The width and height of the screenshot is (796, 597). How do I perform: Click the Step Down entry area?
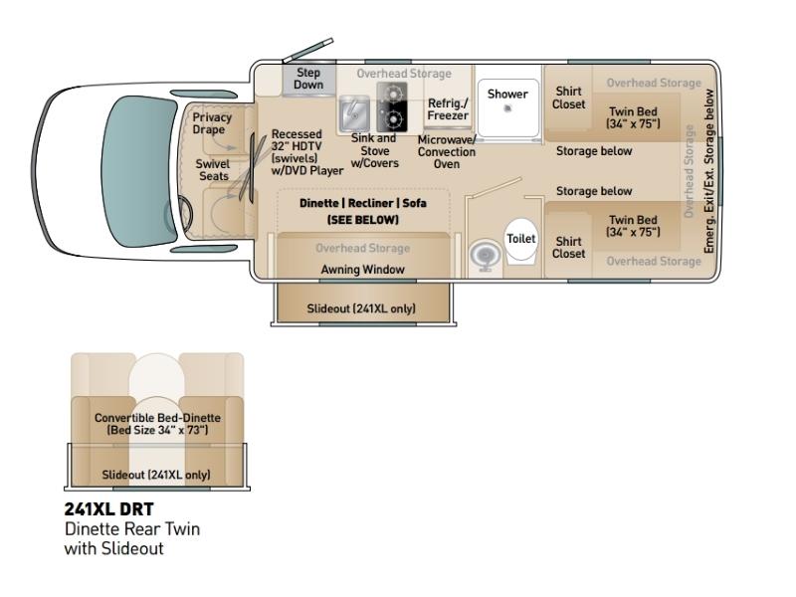[x=308, y=80]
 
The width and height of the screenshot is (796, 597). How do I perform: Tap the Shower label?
[x=507, y=94]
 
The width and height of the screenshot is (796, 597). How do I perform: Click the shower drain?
[x=507, y=108]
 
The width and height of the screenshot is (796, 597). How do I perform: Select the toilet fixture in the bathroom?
[x=520, y=240]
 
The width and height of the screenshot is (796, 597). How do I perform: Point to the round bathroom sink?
[x=486, y=255]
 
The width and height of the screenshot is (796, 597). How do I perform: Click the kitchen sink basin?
[x=354, y=113]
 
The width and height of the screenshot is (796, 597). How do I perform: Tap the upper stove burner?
[x=391, y=94]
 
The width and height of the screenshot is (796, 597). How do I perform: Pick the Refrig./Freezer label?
[x=448, y=109]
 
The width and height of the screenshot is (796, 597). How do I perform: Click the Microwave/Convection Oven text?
[x=447, y=152]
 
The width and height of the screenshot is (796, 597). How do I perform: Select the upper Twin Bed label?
[x=633, y=117]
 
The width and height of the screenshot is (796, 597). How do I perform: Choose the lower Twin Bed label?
[x=633, y=226]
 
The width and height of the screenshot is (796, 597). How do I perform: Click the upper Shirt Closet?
[x=568, y=98]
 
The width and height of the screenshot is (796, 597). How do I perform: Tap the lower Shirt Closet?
[x=568, y=247]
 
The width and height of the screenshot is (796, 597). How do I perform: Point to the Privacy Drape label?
[x=212, y=123]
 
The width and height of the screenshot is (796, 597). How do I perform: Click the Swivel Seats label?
[x=213, y=170]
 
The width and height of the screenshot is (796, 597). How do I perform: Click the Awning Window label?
[x=362, y=270]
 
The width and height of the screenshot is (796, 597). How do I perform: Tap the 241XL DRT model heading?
[x=108, y=509]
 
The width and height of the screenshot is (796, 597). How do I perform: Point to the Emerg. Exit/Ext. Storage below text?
[x=708, y=171]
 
